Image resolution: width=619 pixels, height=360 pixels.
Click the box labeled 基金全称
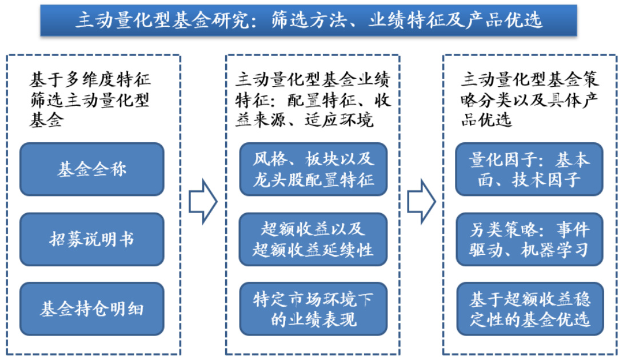91,169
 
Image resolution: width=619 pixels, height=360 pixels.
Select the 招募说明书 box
91,239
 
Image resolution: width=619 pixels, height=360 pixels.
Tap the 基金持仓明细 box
91,309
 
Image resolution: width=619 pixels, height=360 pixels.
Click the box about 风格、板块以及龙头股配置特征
313,169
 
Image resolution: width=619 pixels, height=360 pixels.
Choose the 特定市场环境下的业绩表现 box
313,309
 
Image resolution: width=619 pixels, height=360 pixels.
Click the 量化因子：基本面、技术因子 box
529,169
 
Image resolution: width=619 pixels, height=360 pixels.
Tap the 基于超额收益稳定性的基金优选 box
529,309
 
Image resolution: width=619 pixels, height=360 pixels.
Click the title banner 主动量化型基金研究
309,21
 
